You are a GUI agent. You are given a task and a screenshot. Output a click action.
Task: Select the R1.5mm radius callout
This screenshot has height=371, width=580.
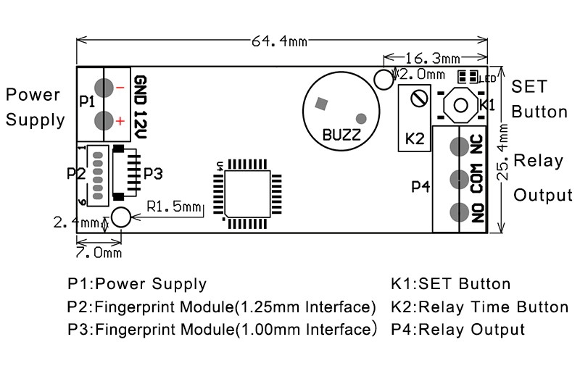click(x=173, y=207)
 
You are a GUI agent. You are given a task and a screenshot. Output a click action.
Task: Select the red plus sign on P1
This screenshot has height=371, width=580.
click(x=120, y=121)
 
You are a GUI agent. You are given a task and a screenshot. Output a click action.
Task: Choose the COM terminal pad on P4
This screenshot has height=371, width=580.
click(x=457, y=178)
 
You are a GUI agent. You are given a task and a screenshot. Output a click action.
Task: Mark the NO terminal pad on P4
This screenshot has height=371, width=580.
click(x=457, y=212)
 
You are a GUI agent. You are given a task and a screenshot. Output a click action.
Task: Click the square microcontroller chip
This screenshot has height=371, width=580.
click(x=246, y=192)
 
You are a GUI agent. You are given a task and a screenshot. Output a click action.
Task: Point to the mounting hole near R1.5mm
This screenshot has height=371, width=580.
click(x=120, y=216)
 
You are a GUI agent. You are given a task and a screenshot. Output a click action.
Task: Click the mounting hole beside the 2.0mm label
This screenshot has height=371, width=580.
click(x=382, y=78)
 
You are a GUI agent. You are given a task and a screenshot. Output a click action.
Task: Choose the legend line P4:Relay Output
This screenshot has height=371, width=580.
click(x=457, y=330)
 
